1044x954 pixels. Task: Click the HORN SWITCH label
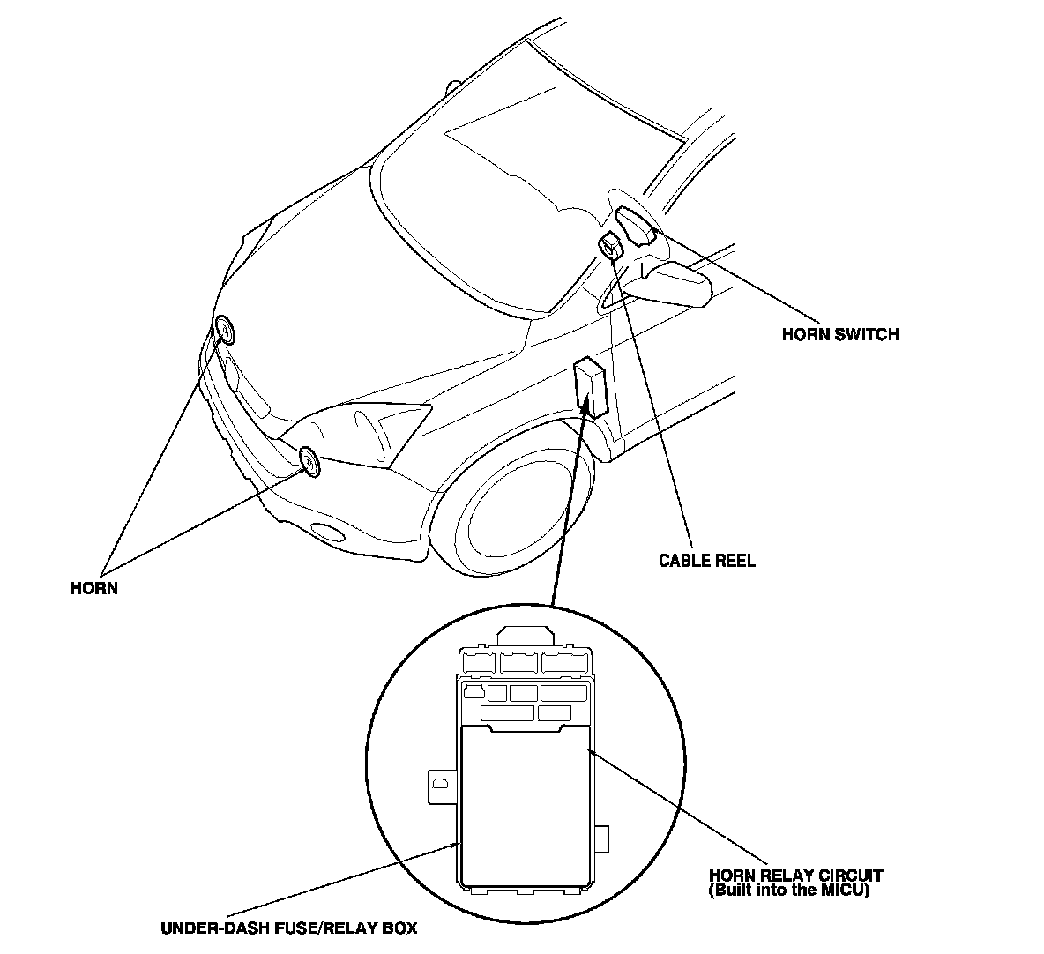840,335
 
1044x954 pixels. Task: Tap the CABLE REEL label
707,561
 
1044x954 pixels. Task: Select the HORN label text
94,588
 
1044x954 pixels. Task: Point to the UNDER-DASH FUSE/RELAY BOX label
288,928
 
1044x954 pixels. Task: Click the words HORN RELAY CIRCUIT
795,876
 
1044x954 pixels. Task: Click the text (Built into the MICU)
789,891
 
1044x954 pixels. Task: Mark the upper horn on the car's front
225,332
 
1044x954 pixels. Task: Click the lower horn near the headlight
309,460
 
